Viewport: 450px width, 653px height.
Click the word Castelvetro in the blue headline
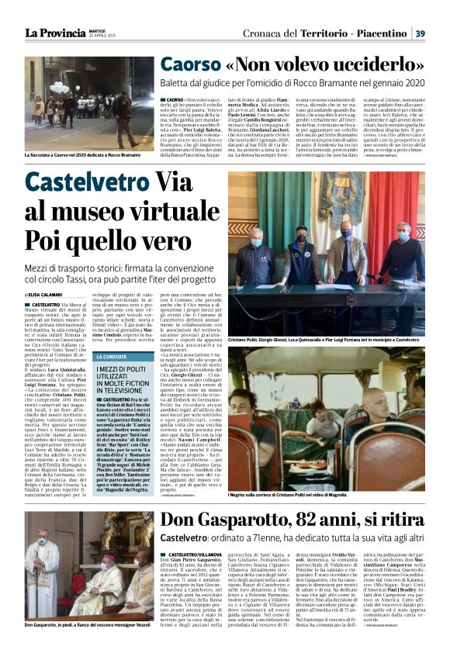[90, 183]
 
